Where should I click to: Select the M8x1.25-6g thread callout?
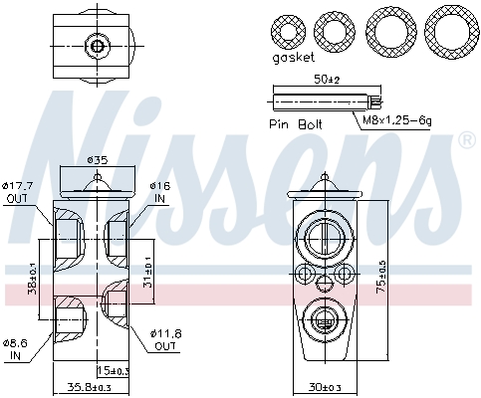[397, 119]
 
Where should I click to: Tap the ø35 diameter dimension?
[97, 159]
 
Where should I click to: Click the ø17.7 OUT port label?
[19, 190]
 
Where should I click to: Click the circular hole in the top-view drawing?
[97, 45]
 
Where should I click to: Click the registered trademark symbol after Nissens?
[465, 142]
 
